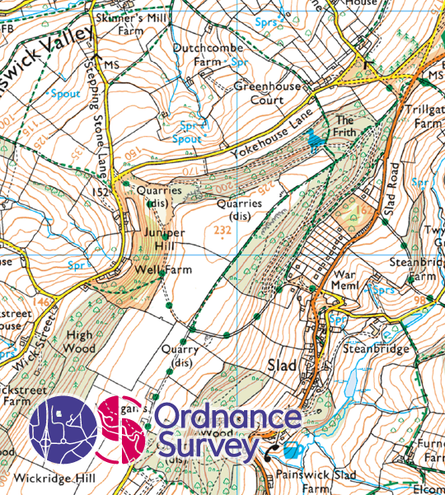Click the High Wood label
coord(79,341)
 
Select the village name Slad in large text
coord(283,365)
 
